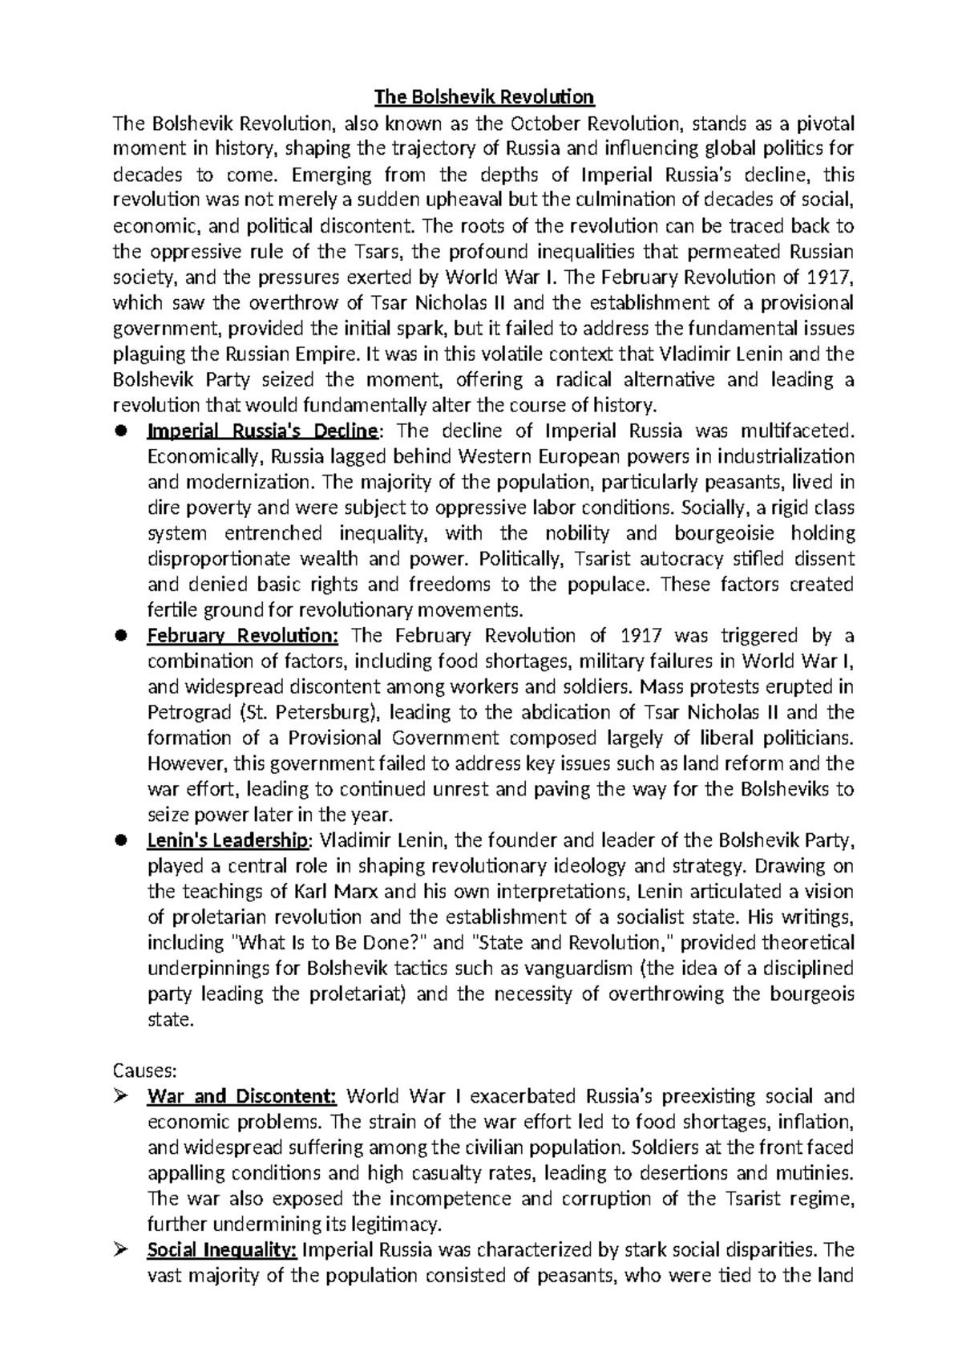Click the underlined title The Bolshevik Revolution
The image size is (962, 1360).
click(x=485, y=98)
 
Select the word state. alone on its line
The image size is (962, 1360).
click(x=171, y=1020)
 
